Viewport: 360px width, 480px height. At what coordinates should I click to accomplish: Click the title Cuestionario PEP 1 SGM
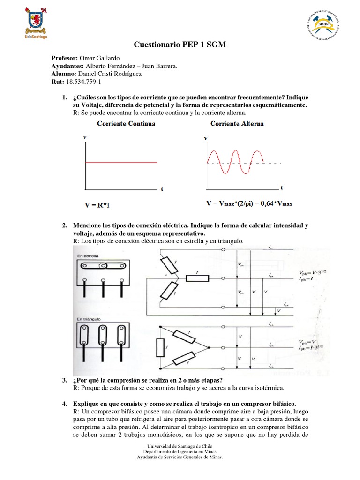click(x=180, y=45)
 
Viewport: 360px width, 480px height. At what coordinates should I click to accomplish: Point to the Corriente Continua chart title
click(x=126, y=124)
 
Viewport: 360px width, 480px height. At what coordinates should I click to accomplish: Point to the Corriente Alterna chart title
click(x=237, y=124)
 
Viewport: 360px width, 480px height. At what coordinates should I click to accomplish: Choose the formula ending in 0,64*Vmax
click(x=249, y=204)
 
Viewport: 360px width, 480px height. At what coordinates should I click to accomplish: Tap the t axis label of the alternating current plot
click(x=282, y=188)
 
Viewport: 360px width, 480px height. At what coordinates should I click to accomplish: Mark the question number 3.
click(x=64, y=379)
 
